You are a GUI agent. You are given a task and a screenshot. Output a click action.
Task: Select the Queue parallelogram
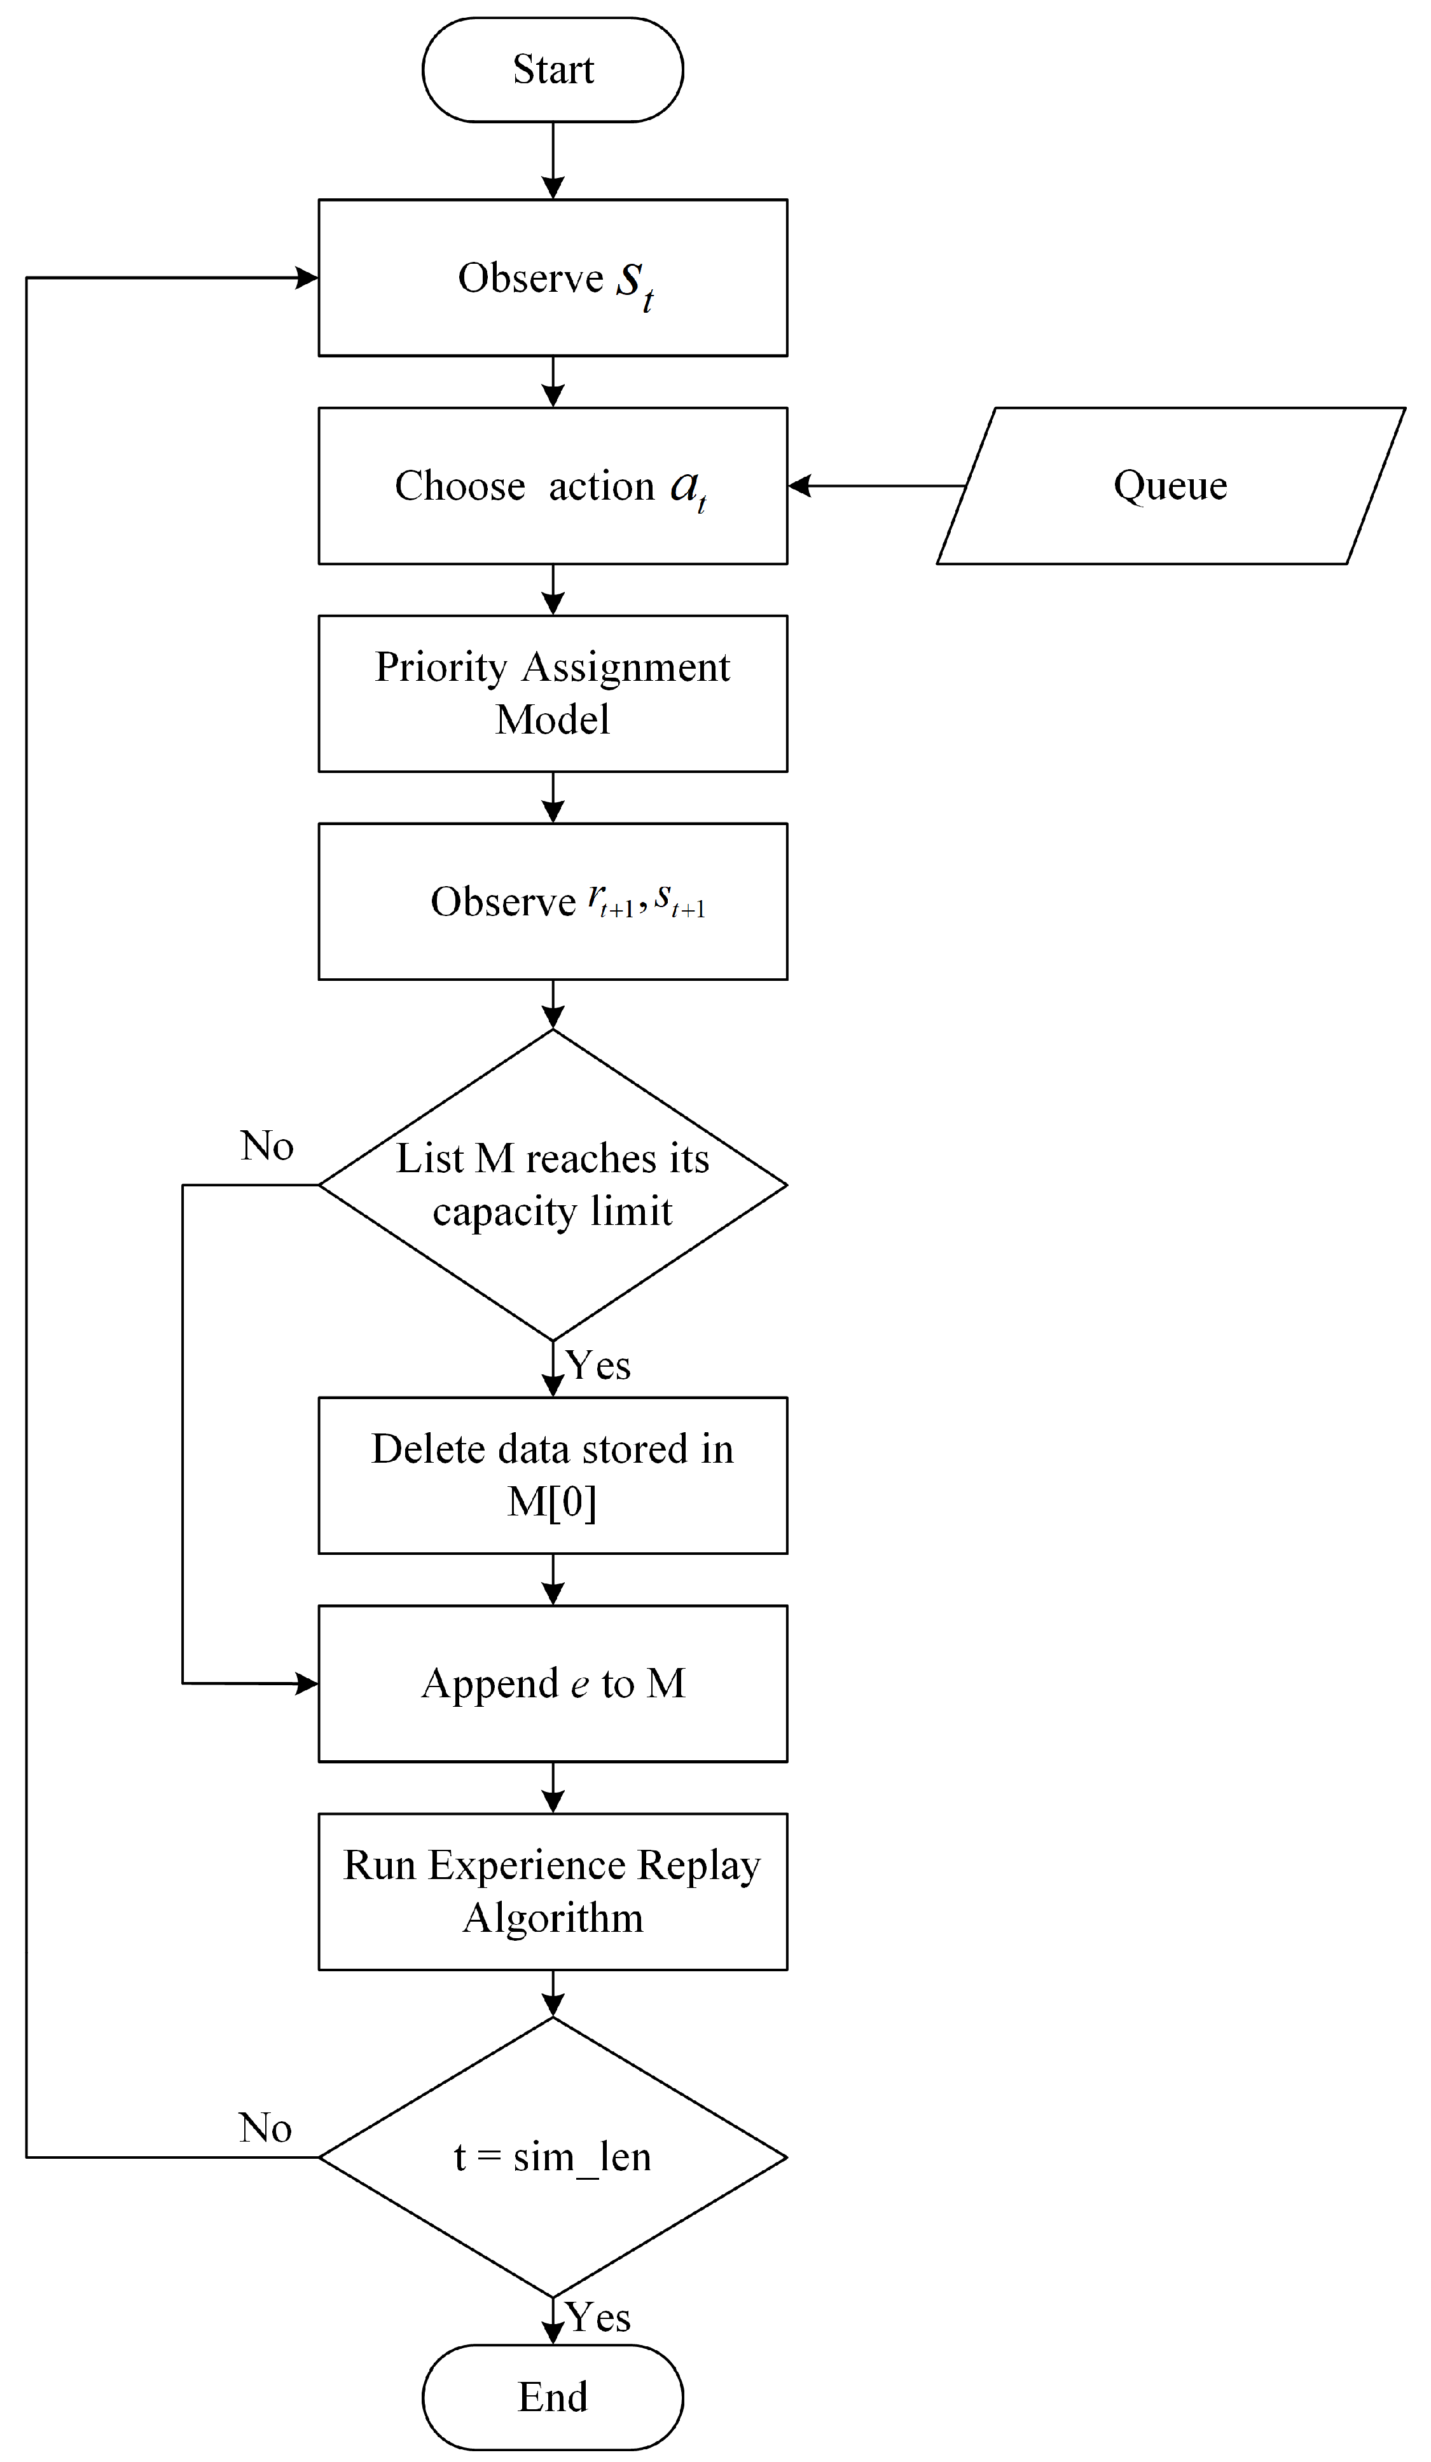coord(1170,486)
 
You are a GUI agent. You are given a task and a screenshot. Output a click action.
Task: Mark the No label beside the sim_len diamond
coord(265,2127)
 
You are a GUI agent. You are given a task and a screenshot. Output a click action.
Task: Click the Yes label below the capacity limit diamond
coord(598,1365)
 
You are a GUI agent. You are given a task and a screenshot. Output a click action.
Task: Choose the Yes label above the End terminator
coord(598,2318)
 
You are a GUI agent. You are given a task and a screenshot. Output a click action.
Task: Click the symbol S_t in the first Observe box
coord(633,284)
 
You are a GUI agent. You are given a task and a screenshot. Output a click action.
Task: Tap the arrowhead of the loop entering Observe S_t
coord(307,278)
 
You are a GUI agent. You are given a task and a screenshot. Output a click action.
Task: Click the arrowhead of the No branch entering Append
coord(307,1683)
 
